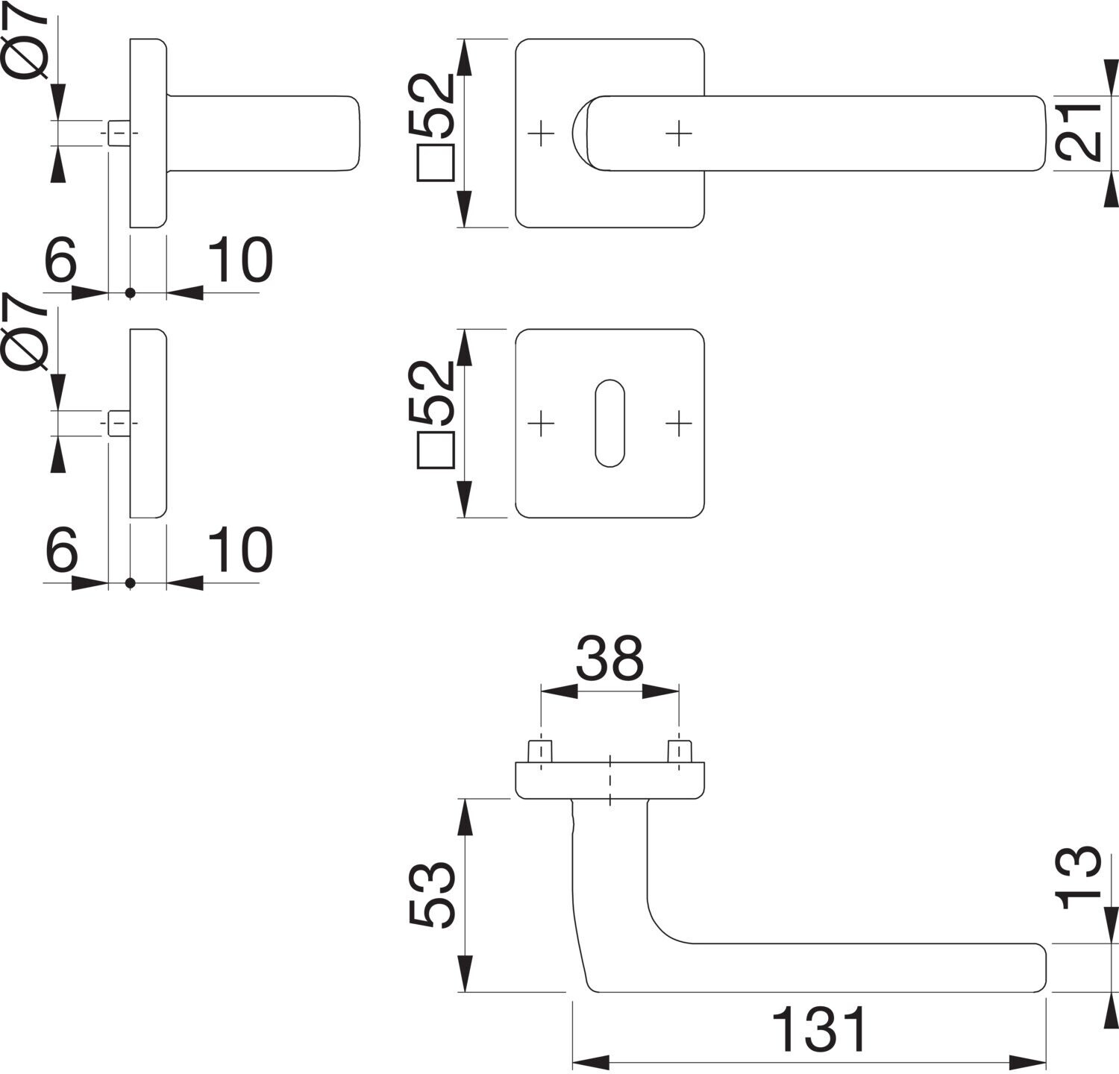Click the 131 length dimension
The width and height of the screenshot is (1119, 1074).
tap(819, 1030)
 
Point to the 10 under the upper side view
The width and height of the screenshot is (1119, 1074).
tap(239, 260)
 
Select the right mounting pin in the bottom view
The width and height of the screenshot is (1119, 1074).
tap(678, 751)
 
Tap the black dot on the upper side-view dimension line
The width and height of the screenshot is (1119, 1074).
tap(131, 293)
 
